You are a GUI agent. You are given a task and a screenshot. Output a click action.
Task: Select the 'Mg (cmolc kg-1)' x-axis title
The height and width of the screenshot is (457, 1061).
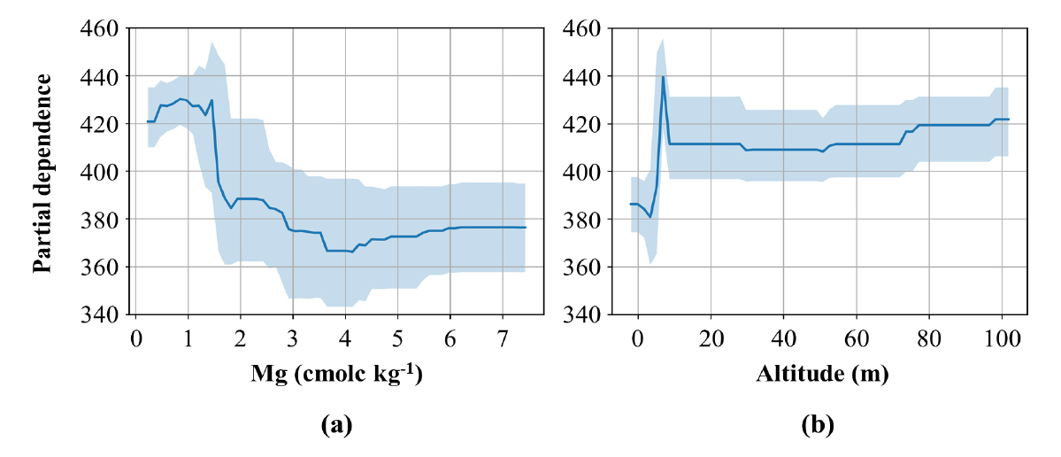click(335, 373)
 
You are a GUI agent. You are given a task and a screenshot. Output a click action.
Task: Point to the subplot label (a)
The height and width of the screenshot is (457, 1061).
click(335, 425)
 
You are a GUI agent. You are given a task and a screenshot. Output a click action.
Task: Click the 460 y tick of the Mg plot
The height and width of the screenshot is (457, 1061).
click(103, 28)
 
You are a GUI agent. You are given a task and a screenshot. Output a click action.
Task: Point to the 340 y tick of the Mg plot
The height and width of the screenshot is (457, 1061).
click(103, 314)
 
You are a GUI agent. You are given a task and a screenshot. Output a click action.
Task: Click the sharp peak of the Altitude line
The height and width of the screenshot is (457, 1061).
click(663, 77)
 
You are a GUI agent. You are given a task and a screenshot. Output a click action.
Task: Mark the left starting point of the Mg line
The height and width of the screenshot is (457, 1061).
click(148, 121)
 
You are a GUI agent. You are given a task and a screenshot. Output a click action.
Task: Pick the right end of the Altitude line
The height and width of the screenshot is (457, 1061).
click(1008, 119)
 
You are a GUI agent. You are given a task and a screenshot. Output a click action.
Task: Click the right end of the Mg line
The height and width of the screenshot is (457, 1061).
click(525, 228)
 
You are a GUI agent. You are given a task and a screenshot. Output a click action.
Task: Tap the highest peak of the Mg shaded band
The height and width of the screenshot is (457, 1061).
click(212, 42)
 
